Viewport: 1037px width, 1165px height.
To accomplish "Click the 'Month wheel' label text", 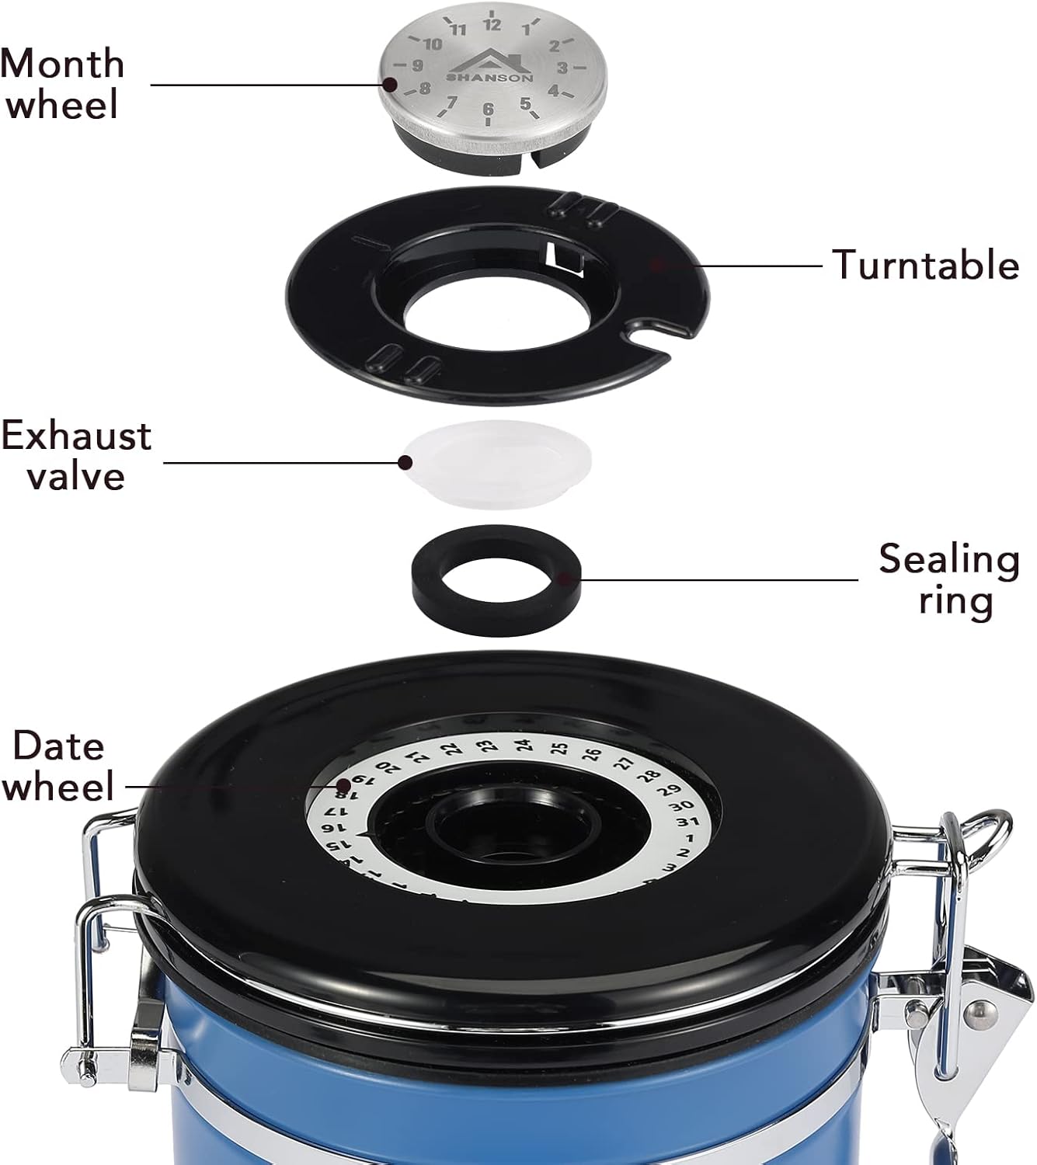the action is tap(62, 84).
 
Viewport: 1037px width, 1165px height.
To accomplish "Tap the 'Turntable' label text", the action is tap(925, 265).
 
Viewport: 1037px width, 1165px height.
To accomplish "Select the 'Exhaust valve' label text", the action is tap(76, 455).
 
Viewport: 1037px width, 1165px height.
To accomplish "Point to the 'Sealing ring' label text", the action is tap(949, 581).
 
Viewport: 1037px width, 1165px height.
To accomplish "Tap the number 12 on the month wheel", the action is tap(492, 25).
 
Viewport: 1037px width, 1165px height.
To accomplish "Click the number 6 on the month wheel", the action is tap(489, 109).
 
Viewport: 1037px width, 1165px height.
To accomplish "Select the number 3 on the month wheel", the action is tap(562, 68).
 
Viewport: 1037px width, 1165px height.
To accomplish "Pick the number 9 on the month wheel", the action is tap(418, 65).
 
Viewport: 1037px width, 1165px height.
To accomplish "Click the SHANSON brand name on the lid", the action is tap(489, 78).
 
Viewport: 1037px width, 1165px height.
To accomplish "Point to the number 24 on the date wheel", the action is tap(523, 746).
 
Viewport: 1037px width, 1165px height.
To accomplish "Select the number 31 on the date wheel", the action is tap(687, 822).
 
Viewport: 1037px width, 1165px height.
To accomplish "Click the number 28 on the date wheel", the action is tap(651, 776).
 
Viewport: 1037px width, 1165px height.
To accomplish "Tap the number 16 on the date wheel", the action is tap(328, 828).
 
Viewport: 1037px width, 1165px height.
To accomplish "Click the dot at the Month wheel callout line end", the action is tap(390, 85).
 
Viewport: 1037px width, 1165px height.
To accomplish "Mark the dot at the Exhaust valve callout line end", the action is tap(405, 462).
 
